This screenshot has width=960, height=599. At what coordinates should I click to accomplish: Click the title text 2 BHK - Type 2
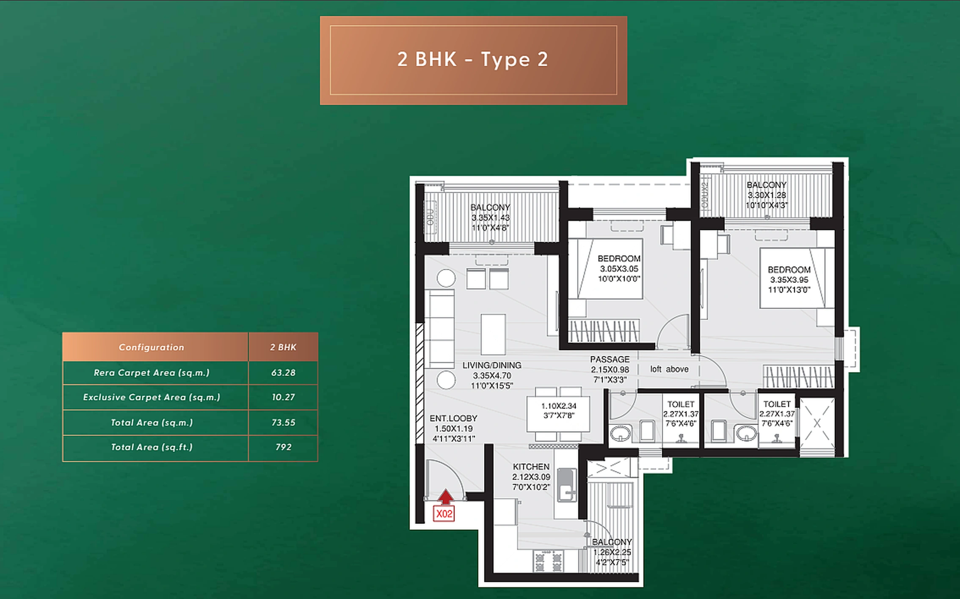click(473, 60)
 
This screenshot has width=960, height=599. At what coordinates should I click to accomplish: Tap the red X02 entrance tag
click(444, 514)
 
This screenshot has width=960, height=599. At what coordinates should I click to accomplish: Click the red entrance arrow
click(445, 497)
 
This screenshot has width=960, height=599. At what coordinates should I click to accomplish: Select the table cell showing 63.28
click(283, 373)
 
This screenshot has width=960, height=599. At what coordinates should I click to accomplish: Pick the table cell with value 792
click(283, 447)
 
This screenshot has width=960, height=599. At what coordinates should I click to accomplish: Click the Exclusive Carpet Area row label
click(152, 397)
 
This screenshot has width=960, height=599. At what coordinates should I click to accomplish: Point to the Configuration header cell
click(152, 347)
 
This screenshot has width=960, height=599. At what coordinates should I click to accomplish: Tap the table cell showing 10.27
click(283, 397)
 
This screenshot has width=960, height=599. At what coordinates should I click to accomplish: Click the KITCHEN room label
click(531, 467)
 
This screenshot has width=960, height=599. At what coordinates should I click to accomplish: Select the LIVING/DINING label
click(491, 365)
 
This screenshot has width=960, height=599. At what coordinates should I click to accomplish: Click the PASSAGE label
click(610, 360)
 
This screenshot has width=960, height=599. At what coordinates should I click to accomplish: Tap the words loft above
click(669, 369)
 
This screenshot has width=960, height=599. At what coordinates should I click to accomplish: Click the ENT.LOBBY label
click(453, 418)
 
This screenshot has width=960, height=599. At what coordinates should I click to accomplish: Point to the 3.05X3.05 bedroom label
click(619, 269)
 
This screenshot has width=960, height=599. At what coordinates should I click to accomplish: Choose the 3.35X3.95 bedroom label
click(789, 280)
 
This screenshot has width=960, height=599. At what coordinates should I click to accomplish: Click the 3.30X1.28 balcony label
click(767, 195)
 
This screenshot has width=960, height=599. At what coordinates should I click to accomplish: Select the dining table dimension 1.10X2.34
click(559, 406)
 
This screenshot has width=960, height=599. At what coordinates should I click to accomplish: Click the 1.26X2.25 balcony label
click(612, 552)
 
